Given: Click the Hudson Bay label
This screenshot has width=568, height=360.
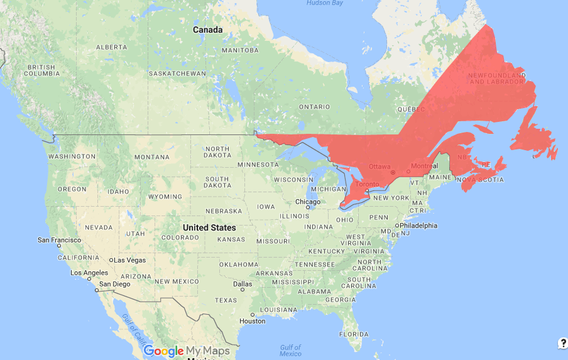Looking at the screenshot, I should (x=324, y=3).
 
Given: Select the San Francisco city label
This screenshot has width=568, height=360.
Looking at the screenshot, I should (x=59, y=240).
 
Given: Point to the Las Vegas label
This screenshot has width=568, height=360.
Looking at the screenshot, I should (x=130, y=260).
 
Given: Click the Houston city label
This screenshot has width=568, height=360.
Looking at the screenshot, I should (x=252, y=321).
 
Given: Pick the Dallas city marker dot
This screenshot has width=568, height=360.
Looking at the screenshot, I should (x=235, y=284).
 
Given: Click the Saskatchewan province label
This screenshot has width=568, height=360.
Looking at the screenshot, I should (x=177, y=74).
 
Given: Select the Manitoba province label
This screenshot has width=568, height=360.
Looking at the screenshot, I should (x=240, y=50).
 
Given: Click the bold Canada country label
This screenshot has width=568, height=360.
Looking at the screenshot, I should (x=207, y=30).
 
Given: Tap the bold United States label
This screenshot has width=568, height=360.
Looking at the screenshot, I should (x=209, y=227).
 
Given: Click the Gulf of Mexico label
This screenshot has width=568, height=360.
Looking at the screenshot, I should (x=291, y=351).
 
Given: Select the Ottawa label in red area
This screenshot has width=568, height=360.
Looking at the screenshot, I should (x=380, y=166).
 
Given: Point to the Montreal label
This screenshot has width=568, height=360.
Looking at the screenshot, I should (x=423, y=166).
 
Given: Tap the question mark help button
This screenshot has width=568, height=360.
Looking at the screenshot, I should (x=563, y=342).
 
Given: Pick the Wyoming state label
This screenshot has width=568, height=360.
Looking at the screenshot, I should (x=165, y=197).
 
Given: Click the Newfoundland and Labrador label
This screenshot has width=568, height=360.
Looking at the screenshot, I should (x=496, y=79).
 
